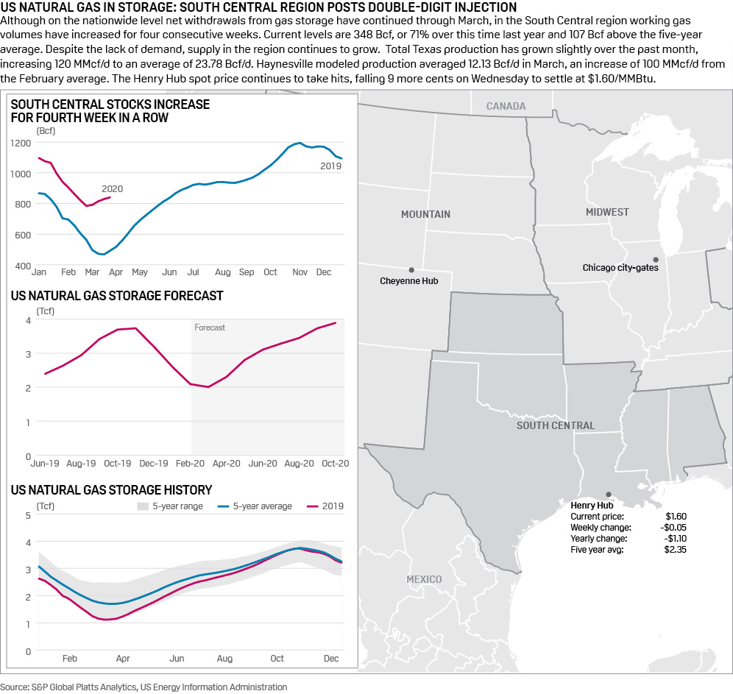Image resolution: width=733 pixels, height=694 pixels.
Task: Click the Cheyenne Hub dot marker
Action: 411,270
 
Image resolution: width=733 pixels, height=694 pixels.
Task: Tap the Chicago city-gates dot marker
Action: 656,259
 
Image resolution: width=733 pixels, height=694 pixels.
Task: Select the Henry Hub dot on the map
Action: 608,495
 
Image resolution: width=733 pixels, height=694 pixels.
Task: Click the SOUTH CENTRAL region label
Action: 555,425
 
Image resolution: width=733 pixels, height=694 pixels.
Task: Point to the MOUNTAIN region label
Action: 425,214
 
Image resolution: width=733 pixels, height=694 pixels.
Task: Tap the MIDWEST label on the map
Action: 607,212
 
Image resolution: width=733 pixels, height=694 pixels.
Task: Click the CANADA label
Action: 506,106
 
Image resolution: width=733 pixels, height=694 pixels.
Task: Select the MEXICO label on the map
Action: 424,579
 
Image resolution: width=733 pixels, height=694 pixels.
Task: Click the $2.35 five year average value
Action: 676,549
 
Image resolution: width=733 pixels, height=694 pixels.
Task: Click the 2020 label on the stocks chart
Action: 112,189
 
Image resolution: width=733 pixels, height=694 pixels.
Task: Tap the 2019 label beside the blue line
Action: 330,166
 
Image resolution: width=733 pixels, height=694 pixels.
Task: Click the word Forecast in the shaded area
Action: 210,327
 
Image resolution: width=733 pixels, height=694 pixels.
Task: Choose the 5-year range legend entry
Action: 174,506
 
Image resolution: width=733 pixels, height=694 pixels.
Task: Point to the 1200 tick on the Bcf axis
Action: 22,143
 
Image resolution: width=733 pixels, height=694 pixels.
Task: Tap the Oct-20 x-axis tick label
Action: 334,464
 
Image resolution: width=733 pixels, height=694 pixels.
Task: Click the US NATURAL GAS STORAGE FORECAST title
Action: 117,296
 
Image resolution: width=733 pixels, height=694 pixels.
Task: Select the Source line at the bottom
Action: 144,687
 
